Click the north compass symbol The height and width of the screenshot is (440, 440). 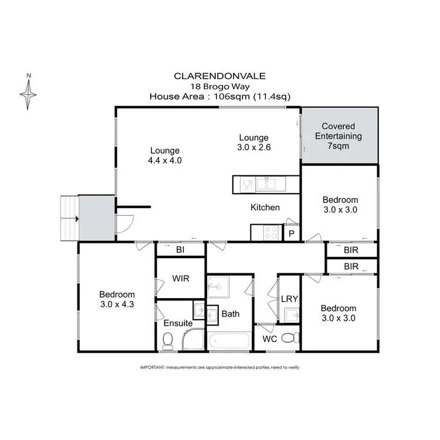pyautogui.click(x=28, y=92)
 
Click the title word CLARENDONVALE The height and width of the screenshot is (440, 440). pyautogui.click(x=219, y=76)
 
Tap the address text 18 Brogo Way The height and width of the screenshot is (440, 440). pyautogui.click(x=219, y=86)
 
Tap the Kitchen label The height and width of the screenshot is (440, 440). pyautogui.click(x=265, y=207)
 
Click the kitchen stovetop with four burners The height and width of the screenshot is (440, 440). pyautogui.click(x=272, y=232)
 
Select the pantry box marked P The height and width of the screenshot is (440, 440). pyautogui.click(x=292, y=233)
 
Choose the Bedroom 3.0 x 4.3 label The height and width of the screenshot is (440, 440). pyautogui.click(x=117, y=299)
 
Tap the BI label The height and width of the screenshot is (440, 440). pyautogui.click(x=180, y=250)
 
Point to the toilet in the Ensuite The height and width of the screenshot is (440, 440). pyautogui.click(x=168, y=339)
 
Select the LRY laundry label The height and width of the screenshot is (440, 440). pyautogui.click(x=289, y=299)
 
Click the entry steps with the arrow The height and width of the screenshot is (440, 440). pyautogui.click(x=69, y=219)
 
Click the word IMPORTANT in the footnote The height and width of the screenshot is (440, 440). pyautogui.click(x=151, y=367)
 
